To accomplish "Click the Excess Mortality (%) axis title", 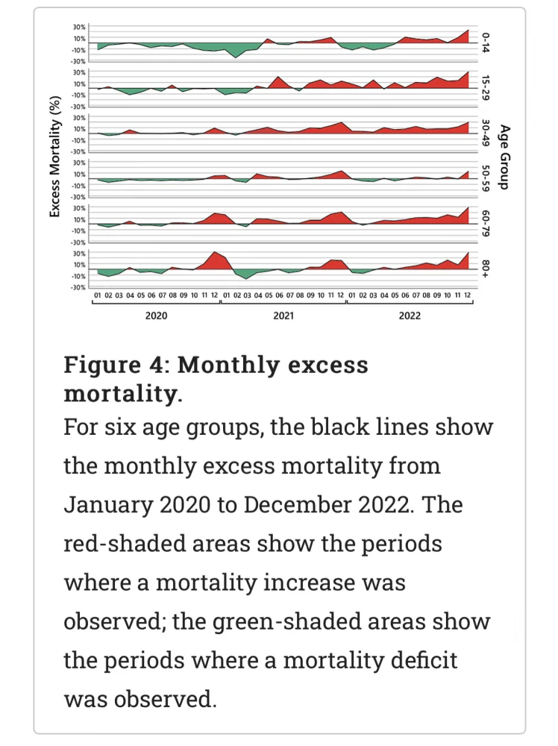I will [54, 156].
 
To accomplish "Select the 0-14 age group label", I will [485, 43].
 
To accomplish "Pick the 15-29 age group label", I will [485, 88].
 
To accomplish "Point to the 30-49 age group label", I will [485, 133].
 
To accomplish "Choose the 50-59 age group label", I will [485, 178].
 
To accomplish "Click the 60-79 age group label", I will [485, 223].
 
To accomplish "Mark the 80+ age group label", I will [485, 269].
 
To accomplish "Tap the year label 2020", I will [156, 316].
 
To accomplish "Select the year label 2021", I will [283, 316].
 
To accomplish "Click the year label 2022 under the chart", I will [410, 316].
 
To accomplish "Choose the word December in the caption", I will [292, 505].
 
